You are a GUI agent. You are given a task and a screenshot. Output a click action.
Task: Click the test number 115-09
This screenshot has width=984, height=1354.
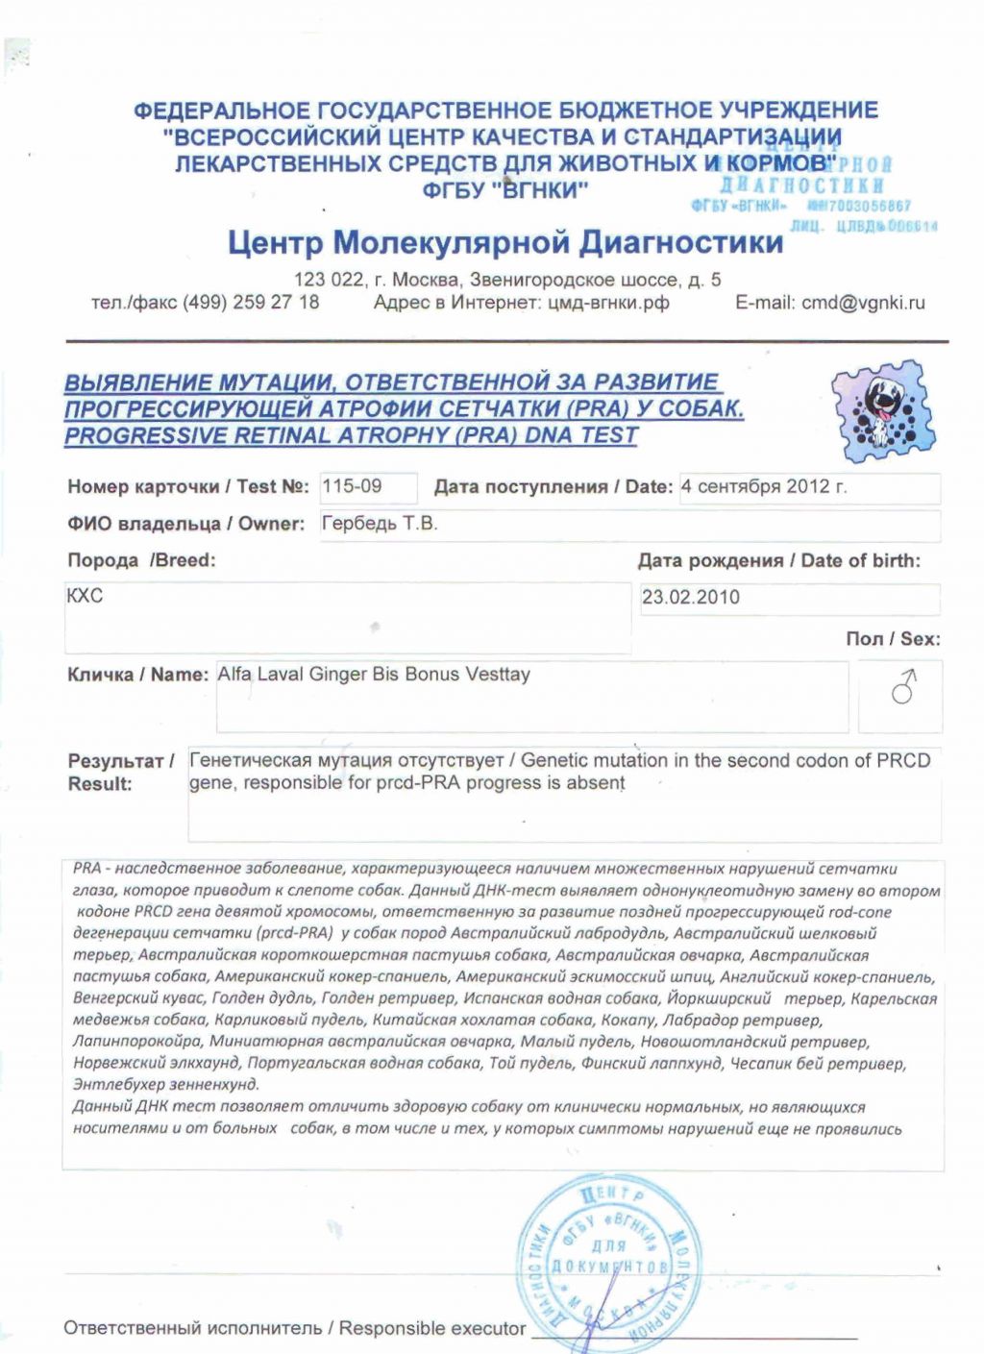[x=352, y=486]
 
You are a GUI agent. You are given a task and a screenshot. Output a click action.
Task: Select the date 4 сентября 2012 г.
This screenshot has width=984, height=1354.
[x=764, y=486]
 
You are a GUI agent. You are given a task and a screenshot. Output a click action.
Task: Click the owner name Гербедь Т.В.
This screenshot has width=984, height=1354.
[x=379, y=524]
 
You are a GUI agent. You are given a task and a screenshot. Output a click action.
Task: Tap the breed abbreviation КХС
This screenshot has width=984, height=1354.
[x=85, y=596]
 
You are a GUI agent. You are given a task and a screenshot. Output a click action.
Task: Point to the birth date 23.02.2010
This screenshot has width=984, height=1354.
[x=691, y=597]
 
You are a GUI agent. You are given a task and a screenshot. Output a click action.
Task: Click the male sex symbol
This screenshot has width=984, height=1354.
[x=902, y=688]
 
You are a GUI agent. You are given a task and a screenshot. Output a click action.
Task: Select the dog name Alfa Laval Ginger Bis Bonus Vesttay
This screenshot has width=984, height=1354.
[x=374, y=675]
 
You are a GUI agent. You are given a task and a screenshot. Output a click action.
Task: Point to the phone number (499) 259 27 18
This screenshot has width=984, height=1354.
[x=251, y=303]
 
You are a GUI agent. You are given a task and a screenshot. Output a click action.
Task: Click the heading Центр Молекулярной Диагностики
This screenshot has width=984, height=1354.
[x=505, y=242]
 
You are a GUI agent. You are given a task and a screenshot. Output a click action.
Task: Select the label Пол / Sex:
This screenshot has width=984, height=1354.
[x=893, y=639]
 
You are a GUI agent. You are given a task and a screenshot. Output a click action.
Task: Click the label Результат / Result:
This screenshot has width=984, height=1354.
[x=119, y=772]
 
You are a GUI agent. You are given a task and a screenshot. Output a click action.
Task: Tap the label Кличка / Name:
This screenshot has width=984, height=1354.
[x=137, y=675]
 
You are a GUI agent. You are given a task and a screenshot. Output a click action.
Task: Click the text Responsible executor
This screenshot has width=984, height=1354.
[x=431, y=1328]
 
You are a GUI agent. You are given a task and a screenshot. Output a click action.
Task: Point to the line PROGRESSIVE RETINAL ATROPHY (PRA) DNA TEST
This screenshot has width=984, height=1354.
[x=351, y=435]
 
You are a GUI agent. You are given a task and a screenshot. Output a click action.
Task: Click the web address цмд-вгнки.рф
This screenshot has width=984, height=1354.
[x=608, y=303]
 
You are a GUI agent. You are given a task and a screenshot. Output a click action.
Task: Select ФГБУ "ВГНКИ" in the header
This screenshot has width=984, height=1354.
[x=504, y=190]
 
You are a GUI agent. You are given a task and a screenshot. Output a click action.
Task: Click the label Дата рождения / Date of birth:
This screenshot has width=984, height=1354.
[x=778, y=561]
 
